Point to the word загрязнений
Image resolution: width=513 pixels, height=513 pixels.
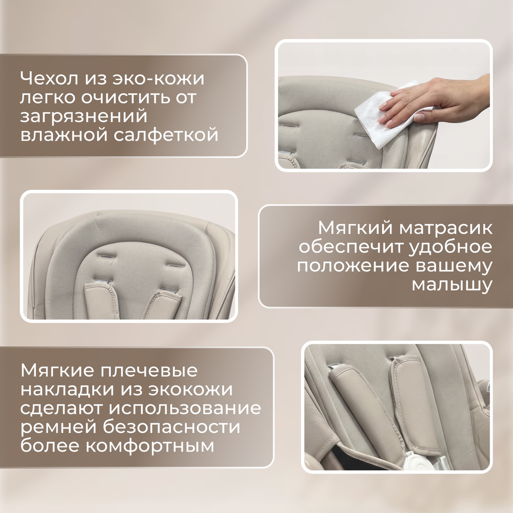tap(84, 116)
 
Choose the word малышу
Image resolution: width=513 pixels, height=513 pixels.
tap(451, 284)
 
